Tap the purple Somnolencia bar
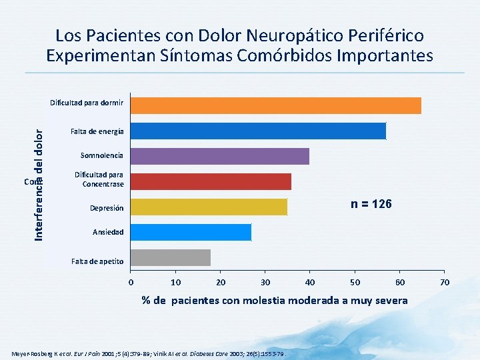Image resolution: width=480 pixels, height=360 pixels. point(220,156)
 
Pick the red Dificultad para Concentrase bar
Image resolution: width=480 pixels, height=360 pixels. point(211,181)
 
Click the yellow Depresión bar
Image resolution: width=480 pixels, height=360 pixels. point(209,207)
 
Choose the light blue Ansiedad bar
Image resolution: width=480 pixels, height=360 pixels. point(191,232)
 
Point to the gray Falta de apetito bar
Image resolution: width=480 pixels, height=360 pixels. point(171,257)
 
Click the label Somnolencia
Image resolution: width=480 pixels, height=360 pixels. point(101,156)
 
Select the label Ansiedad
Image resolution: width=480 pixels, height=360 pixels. point(107,233)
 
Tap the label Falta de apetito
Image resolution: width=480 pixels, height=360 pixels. point(97,261)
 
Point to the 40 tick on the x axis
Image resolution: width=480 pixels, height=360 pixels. point(309,283)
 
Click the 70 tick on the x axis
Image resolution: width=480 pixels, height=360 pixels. point(445,283)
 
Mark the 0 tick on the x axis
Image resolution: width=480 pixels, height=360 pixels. point(131,283)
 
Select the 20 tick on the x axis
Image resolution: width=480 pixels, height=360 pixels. point(220,283)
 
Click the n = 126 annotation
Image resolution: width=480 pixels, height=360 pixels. point(371,203)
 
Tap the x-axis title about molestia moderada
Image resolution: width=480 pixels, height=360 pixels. point(274,301)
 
